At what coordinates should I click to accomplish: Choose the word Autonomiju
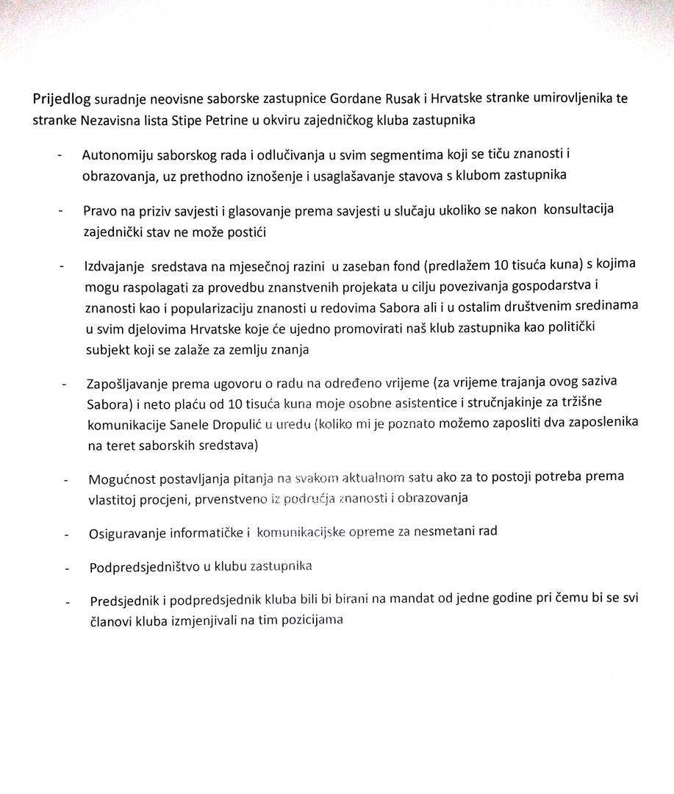pyautogui.click(x=118, y=156)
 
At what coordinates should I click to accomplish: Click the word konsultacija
pyautogui.click(x=578, y=209)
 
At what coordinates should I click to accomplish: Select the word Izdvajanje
pyautogui.click(x=114, y=265)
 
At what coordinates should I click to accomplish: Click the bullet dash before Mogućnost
pyautogui.click(x=66, y=481)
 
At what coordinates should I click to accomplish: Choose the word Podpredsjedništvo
pyautogui.click(x=137, y=568)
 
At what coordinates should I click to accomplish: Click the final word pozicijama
pyautogui.click(x=312, y=620)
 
